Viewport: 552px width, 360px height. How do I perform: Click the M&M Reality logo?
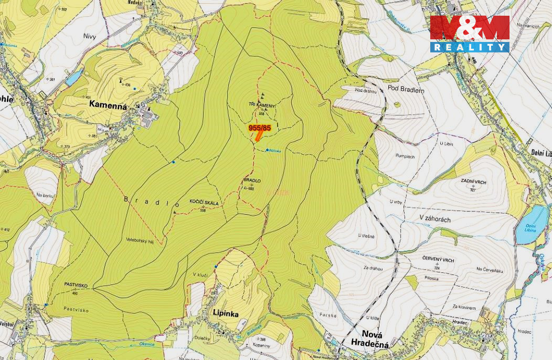point(470,34)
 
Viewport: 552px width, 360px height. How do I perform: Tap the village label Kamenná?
point(108,104)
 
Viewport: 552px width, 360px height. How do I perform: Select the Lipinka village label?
point(226,313)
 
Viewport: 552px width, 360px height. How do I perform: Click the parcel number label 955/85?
point(259,128)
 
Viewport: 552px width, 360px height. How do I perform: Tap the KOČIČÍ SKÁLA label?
point(204,203)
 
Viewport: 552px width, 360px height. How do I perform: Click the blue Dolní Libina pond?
point(531,225)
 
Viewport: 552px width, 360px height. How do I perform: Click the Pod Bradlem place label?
point(406,90)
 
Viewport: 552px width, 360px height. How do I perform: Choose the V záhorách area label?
point(434,219)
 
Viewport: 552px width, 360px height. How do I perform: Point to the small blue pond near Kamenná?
point(74,78)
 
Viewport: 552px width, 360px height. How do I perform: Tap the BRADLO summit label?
point(252,181)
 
